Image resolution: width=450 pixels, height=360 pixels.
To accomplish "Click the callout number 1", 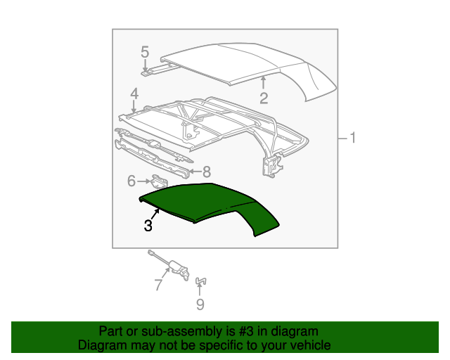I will (x=353, y=139).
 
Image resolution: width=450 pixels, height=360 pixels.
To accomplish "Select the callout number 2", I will (x=264, y=98).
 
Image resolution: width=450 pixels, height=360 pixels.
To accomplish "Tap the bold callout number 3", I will (x=148, y=226).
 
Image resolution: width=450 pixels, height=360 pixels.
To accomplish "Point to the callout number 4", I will (x=134, y=94).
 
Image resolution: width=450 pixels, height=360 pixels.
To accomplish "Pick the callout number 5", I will (x=145, y=51).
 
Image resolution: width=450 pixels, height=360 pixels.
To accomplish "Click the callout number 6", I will (x=131, y=181).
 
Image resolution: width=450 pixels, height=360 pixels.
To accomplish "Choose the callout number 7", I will (x=157, y=285).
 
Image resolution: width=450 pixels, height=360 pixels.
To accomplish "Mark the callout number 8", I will (x=207, y=171).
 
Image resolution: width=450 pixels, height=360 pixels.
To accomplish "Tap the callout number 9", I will (x=200, y=304).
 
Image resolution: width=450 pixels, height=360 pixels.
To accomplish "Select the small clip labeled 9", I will (x=200, y=283).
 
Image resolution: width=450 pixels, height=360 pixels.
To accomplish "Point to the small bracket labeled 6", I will (x=160, y=181).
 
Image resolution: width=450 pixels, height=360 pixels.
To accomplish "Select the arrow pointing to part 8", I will (x=195, y=171).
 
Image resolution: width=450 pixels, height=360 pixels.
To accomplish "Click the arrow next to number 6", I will (x=143, y=181).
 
